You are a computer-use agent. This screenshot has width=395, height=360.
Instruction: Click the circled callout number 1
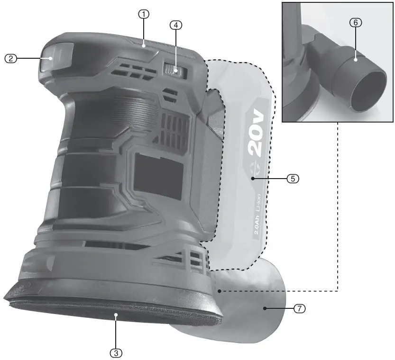click(143, 14)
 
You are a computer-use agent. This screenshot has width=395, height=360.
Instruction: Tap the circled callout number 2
click(10, 58)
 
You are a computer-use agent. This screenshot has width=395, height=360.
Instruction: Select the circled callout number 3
click(115, 352)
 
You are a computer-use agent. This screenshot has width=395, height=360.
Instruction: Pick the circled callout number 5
click(293, 179)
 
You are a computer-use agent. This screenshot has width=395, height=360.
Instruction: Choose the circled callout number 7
click(299, 308)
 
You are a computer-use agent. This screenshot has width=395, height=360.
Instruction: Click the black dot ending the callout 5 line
click(253, 179)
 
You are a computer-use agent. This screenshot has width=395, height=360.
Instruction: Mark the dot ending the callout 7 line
click(266, 308)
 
